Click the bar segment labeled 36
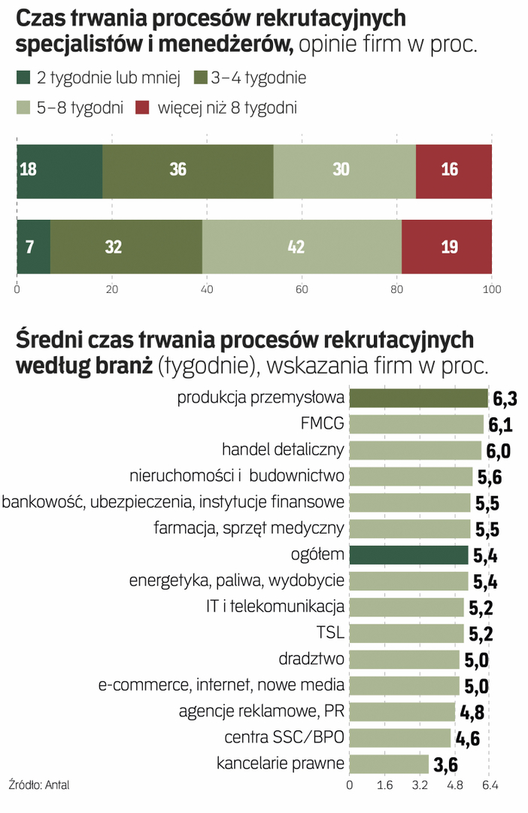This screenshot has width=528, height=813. click(x=188, y=171)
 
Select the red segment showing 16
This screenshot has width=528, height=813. click(x=454, y=171)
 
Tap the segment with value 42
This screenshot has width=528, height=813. click(x=302, y=246)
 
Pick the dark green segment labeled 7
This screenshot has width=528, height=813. click(x=33, y=246)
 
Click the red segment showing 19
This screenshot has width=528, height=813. click(x=447, y=246)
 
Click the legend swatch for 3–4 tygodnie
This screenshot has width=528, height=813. click(x=202, y=78)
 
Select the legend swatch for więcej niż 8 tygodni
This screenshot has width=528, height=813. click(x=144, y=108)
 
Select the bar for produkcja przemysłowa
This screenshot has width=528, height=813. click(x=418, y=398)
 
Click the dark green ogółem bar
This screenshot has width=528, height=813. click(x=408, y=555)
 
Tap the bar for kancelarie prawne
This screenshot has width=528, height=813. click(x=389, y=763)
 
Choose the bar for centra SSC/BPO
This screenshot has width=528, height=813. click(x=400, y=738)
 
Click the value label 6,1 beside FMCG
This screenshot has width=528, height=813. click(x=501, y=425)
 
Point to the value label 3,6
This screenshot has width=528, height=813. click(x=446, y=765)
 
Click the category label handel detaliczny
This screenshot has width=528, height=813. click(x=283, y=450)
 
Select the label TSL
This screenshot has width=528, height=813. click(x=331, y=633)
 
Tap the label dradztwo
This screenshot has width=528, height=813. click(x=311, y=659)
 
